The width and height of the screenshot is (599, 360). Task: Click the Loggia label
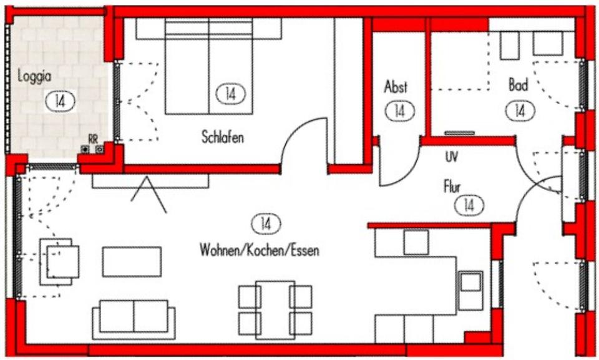(x=34, y=77)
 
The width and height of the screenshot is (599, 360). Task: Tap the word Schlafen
(x=223, y=137)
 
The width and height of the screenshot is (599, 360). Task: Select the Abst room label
(x=396, y=87)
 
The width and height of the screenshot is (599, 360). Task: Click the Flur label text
(x=452, y=186)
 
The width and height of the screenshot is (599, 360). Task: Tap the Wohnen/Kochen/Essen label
(x=260, y=251)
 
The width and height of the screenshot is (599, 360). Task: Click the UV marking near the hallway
(x=451, y=157)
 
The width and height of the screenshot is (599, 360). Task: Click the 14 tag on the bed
(x=230, y=94)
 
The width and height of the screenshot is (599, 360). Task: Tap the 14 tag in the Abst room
(x=400, y=111)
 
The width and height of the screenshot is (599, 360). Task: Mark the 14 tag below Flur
(x=469, y=204)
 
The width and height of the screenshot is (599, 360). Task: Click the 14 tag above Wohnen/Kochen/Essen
(x=265, y=223)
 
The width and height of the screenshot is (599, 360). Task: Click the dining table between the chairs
(x=275, y=309)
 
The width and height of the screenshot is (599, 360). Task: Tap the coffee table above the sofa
(x=132, y=261)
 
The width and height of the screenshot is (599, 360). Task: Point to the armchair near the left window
(x=61, y=261)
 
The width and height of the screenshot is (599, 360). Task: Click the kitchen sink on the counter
(x=470, y=285)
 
